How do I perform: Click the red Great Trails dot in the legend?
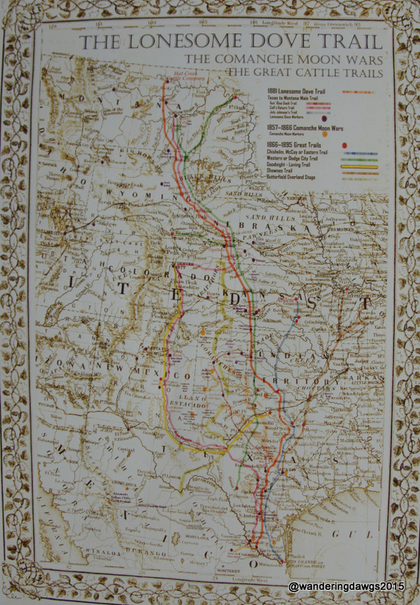(x=344, y=144)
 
